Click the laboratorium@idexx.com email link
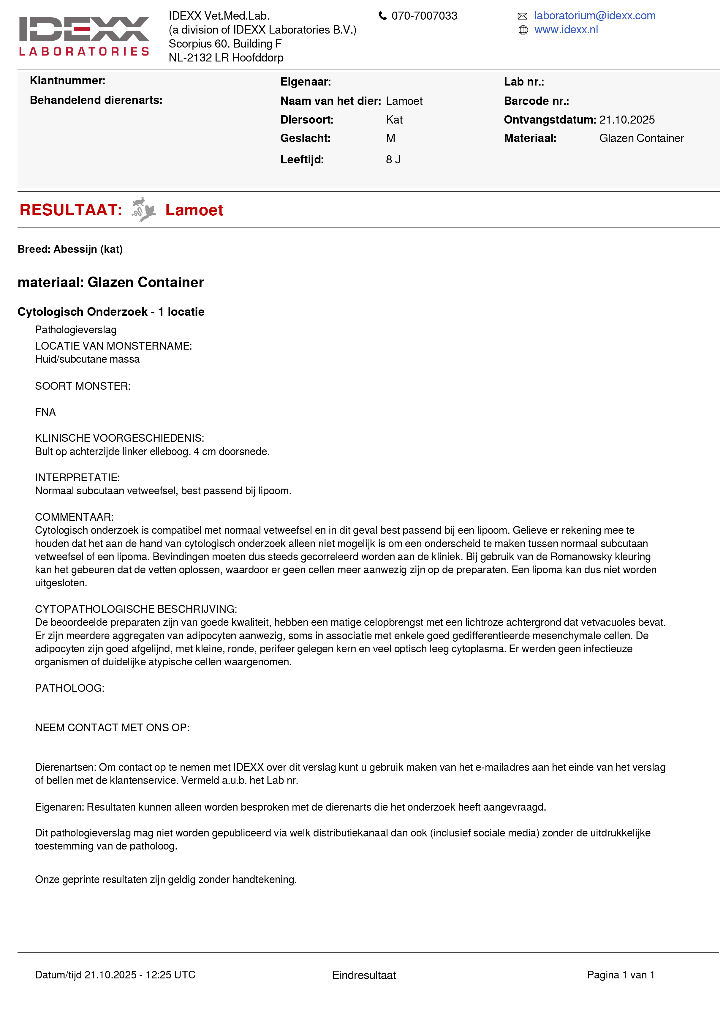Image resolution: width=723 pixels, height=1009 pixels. point(594,16)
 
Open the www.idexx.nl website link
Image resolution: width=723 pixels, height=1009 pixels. point(566,30)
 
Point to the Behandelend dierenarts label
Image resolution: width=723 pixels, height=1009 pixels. point(96,100)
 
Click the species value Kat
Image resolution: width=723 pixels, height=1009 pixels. point(394,120)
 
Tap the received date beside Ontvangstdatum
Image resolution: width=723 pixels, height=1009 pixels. point(627,120)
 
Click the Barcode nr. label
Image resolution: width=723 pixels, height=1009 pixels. point(536,101)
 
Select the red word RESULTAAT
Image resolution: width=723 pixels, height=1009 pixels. point(71,210)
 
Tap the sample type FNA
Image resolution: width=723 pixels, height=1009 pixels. point(45,412)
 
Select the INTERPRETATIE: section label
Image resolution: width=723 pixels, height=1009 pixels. point(77,477)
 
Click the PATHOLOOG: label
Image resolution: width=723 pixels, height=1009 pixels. point(70,688)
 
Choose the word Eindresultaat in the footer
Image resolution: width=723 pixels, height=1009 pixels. point(364,975)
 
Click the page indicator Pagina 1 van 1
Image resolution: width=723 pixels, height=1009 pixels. point(620,975)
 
